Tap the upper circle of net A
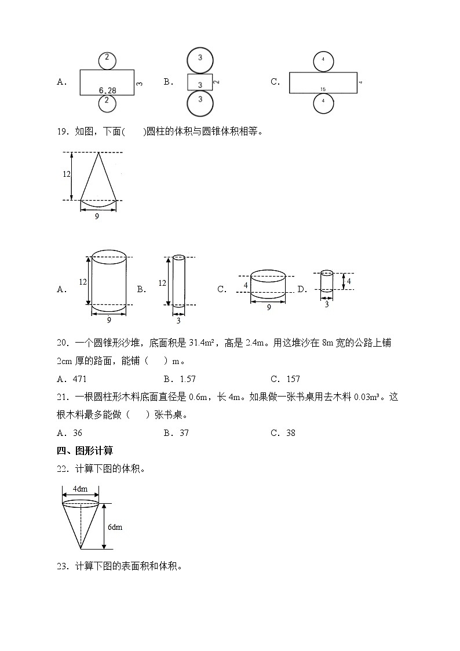click(x=107, y=60)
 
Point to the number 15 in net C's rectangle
click(x=322, y=89)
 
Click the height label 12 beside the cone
click(x=67, y=174)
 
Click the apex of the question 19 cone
click(x=98, y=153)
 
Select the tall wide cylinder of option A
click(x=109, y=282)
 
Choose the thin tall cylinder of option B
click(x=178, y=281)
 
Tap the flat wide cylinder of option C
click(x=268, y=285)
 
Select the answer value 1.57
click(x=187, y=379)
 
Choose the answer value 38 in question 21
click(x=291, y=433)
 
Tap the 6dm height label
click(x=115, y=527)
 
